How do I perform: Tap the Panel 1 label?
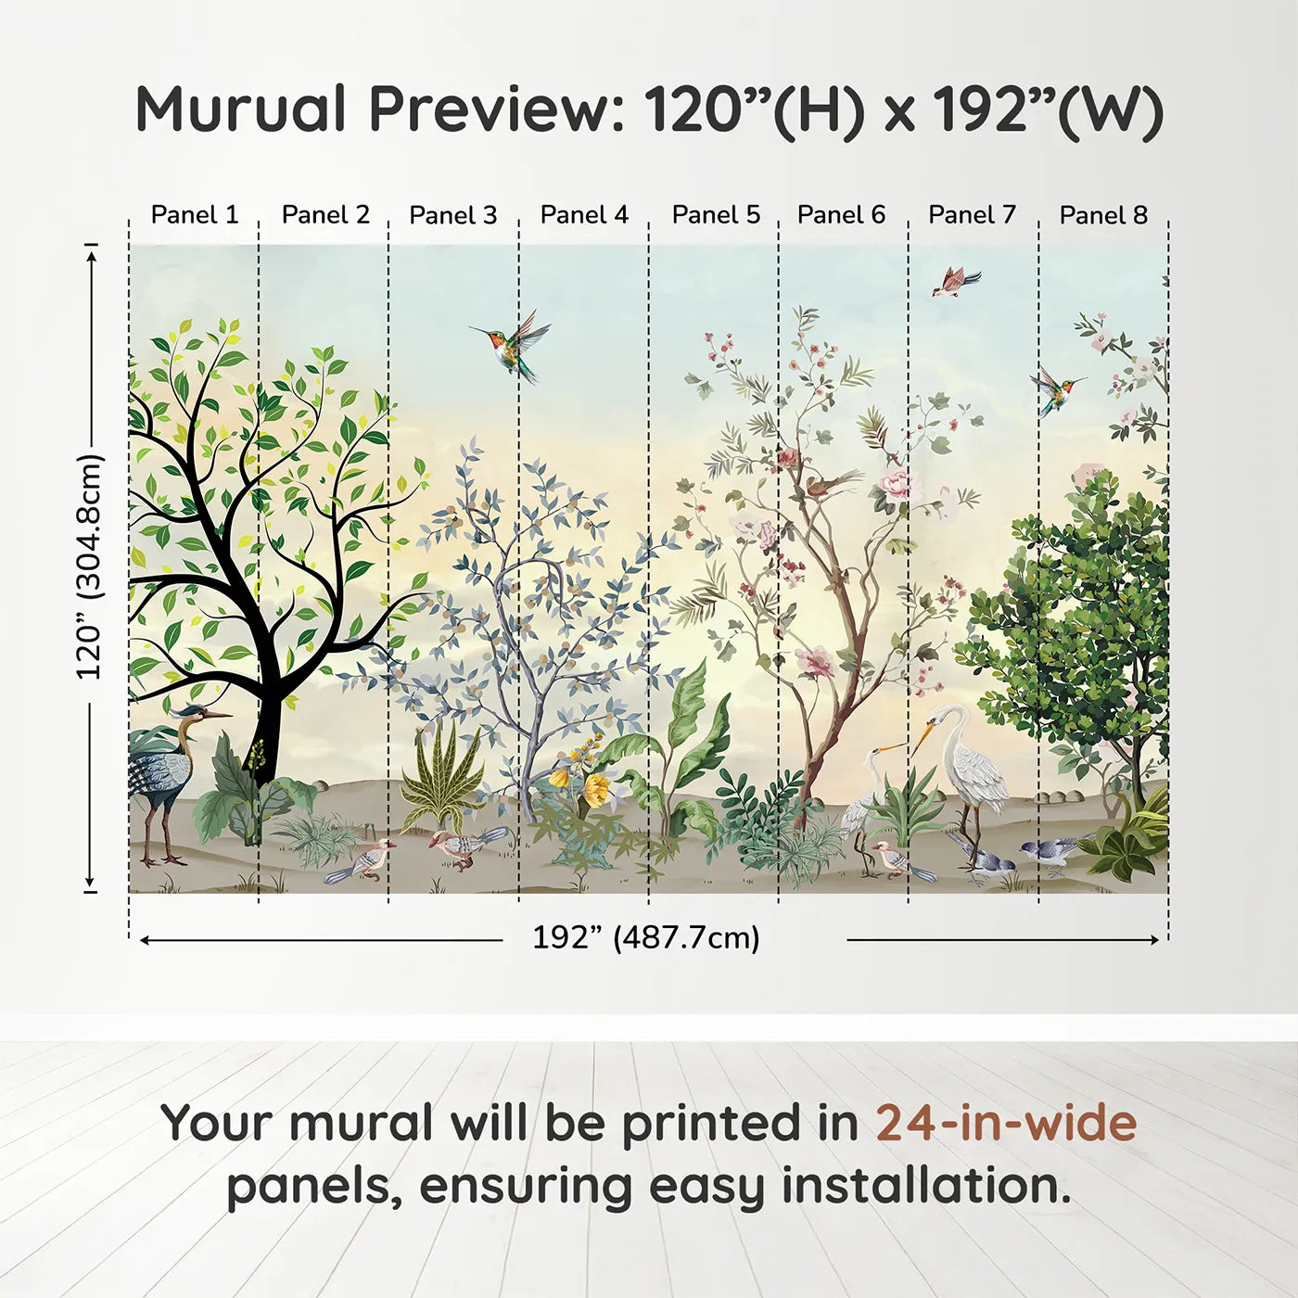(195, 215)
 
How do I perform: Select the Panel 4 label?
(584, 215)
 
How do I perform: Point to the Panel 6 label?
(841, 215)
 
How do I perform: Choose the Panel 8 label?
(1103, 215)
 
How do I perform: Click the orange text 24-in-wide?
(1006, 1123)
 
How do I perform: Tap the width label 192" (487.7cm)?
(646, 937)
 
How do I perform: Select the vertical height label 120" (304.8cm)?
(89, 566)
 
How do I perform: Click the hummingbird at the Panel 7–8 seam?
(1055, 389)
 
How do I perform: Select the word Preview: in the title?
(497, 109)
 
